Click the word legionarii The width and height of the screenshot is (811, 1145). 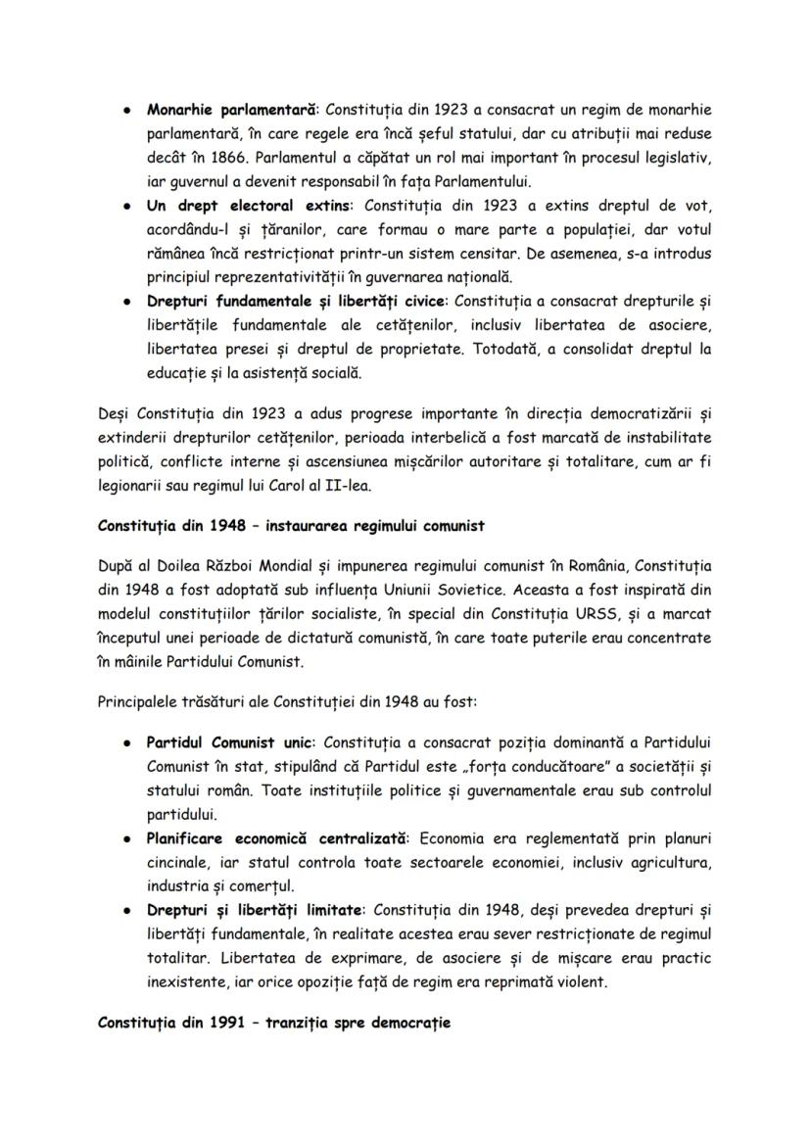tap(132, 481)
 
